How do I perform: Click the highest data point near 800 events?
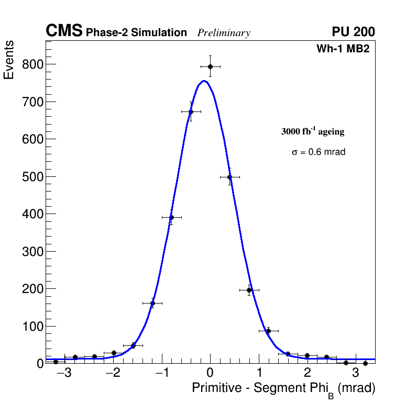(x=210, y=66)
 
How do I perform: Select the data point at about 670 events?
(x=191, y=111)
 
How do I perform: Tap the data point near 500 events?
(x=229, y=177)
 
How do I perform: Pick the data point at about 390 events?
(x=171, y=217)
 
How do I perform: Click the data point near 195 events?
(x=249, y=290)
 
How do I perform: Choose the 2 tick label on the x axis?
(x=307, y=373)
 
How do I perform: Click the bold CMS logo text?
(x=64, y=31)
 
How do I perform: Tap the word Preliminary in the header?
(x=224, y=33)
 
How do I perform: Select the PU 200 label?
(x=354, y=32)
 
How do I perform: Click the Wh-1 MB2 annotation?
(x=346, y=49)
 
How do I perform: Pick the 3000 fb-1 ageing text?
(x=313, y=131)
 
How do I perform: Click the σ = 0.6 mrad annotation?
(x=319, y=152)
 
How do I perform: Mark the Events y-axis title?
(x=9, y=61)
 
